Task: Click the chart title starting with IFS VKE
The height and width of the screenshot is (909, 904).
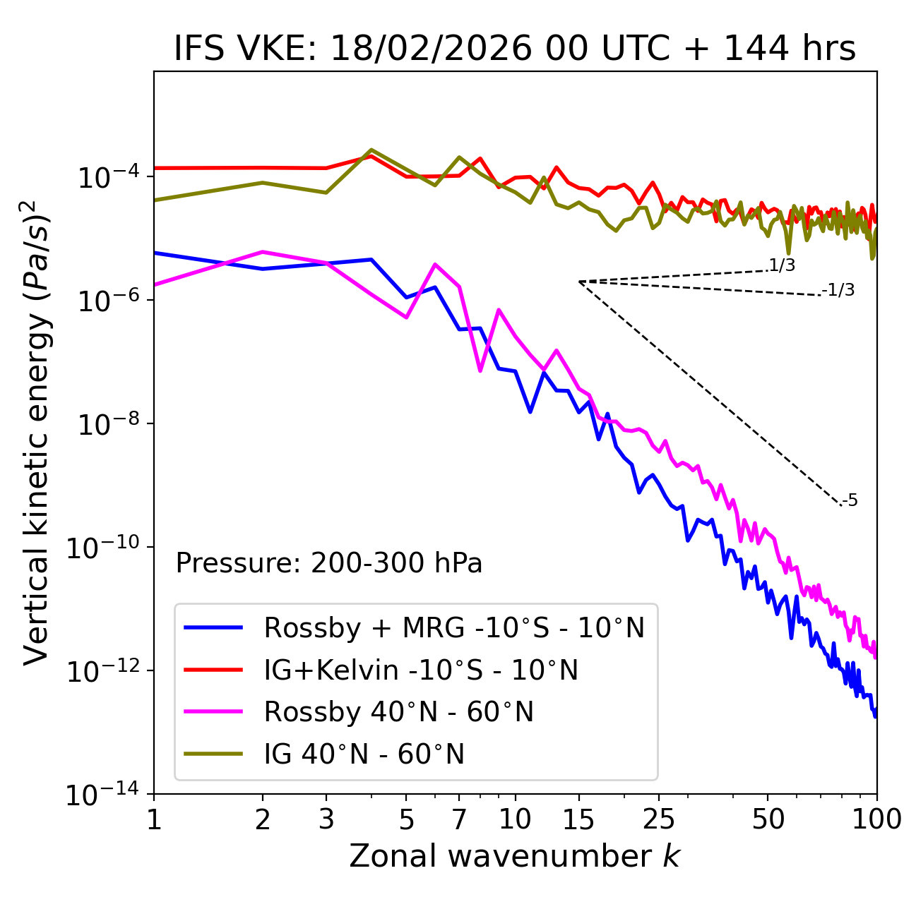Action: [x=515, y=49]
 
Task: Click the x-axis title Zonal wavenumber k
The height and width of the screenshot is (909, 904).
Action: [x=515, y=856]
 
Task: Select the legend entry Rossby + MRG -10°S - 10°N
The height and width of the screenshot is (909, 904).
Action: [x=453, y=627]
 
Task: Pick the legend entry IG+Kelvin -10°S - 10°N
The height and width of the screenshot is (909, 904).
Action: [x=421, y=670]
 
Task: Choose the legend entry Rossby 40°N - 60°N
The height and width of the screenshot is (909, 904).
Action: [x=398, y=712]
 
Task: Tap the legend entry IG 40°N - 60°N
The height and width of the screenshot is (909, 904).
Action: [x=364, y=754]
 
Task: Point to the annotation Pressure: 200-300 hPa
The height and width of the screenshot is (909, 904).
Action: [x=328, y=563]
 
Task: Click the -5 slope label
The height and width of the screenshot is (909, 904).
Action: [x=850, y=501]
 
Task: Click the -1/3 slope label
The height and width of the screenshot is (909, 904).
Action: [x=838, y=290]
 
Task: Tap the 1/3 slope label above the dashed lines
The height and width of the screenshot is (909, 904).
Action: [x=782, y=265]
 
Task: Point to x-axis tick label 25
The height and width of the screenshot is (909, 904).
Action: [x=658, y=819]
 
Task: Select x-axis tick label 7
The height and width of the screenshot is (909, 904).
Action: [x=459, y=819]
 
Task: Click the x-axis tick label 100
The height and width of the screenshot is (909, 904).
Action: [x=876, y=819]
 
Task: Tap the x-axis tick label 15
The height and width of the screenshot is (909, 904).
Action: [x=578, y=819]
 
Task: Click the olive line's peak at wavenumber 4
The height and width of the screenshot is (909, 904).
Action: [x=371, y=150]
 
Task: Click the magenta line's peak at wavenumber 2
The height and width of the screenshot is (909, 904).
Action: [x=263, y=251]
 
